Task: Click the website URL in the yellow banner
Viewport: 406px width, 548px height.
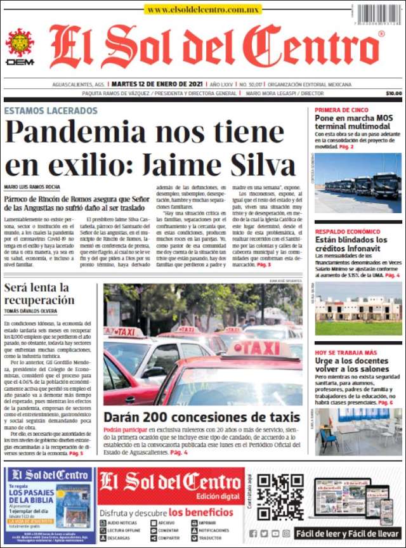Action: [x=203, y=10]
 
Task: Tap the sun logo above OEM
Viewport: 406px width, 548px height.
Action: [x=20, y=42]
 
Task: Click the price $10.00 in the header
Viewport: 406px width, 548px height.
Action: [x=393, y=93]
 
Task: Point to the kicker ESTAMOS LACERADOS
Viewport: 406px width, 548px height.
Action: [x=51, y=110]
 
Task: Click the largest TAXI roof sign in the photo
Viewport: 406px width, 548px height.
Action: [x=263, y=348]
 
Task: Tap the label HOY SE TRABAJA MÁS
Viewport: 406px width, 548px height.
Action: [x=346, y=353]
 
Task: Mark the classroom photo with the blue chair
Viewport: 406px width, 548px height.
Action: [x=358, y=431]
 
